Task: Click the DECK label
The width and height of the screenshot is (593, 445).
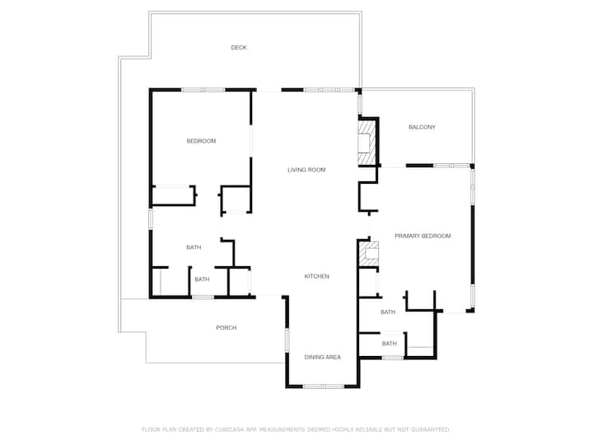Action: click(239, 47)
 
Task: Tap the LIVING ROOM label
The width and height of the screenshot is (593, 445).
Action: click(306, 170)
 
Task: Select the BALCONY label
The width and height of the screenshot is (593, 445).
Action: click(422, 127)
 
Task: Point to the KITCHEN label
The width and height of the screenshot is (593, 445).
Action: click(316, 276)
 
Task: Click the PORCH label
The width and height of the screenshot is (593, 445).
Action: click(226, 328)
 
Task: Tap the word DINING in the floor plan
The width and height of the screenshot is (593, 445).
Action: click(313, 357)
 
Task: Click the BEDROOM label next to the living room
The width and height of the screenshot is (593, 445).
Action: click(201, 141)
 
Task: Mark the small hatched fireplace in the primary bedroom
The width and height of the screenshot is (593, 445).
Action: click(369, 253)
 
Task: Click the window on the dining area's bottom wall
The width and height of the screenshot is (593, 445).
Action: click(324, 386)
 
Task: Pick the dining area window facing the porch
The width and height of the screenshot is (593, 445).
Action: click(287, 340)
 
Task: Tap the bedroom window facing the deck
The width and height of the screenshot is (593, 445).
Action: click(203, 90)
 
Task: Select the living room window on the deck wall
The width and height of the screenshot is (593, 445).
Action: click(329, 90)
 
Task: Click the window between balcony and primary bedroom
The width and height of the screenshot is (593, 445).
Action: click(451, 166)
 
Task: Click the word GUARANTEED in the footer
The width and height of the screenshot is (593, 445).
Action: click(430, 429)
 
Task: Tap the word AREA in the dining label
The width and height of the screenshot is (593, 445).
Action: click(333, 357)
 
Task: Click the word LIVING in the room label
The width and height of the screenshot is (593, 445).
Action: click(296, 170)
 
